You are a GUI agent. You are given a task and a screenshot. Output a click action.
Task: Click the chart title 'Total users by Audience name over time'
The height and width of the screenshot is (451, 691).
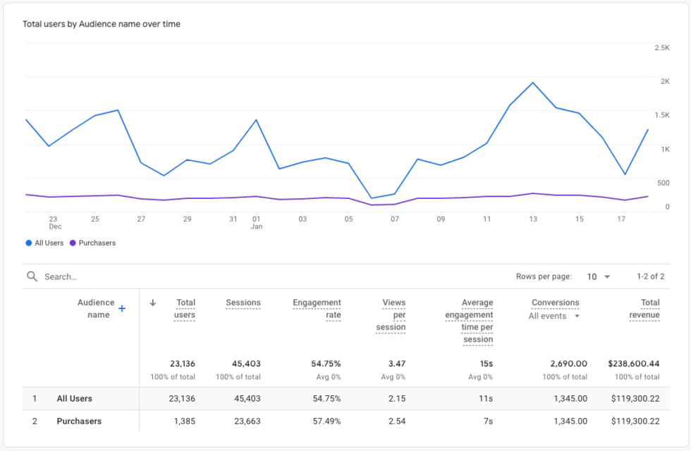(102, 24)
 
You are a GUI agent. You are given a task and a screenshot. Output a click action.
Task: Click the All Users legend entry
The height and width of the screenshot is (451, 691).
(44, 243)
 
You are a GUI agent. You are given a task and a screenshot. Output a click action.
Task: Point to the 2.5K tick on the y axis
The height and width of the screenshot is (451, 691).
(661, 47)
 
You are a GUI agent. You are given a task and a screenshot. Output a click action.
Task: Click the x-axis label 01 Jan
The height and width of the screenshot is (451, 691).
(257, 223)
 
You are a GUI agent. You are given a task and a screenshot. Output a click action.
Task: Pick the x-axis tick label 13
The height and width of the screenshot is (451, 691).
(533, 220)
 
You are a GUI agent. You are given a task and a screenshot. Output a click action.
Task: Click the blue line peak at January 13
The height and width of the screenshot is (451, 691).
(533, 83)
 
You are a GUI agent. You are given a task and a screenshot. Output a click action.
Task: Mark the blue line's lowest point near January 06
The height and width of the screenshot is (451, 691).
(372, 198)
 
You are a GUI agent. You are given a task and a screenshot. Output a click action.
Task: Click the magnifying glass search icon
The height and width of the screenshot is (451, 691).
(32, 277)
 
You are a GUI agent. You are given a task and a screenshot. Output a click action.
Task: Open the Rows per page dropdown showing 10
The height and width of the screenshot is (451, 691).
(598, 277)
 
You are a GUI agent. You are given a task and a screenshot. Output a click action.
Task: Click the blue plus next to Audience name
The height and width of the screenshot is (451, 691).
(122, 308)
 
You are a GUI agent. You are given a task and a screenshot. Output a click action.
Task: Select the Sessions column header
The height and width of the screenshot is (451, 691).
(243, 303)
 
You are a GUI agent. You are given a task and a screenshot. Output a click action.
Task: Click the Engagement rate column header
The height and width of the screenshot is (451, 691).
(317, 308)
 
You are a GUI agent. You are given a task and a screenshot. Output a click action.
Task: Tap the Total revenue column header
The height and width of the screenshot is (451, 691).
(644, 308)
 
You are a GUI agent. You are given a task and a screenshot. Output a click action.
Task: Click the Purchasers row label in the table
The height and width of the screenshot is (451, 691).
(79, 421)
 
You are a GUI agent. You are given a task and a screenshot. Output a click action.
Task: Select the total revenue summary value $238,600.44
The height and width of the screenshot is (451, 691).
(633, 363)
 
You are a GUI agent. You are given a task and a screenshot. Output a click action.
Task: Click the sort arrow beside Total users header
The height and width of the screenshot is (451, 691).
(153, 303)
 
